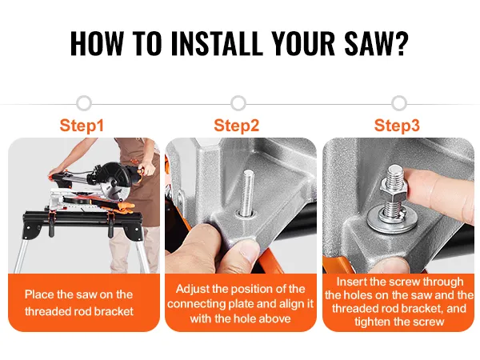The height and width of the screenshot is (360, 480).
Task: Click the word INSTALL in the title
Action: [217, 43]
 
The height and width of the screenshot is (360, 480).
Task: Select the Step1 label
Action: [82, 126]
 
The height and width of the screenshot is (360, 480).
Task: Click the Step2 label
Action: [236, 126]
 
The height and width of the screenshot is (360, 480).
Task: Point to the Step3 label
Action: [397, 126]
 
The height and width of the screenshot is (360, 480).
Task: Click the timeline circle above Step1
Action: [84, 103]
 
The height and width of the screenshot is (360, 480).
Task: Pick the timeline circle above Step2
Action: [238, 103]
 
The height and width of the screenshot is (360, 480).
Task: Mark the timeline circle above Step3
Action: [399, 103]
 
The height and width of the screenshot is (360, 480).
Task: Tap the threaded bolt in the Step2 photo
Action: [248, 193]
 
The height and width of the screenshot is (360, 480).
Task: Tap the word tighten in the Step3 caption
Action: [374, 322]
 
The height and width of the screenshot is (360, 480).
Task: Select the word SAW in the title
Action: [368, 43]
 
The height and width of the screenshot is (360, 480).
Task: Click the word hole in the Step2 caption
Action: [244, 318]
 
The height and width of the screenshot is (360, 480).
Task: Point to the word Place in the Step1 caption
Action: [39, 294]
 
